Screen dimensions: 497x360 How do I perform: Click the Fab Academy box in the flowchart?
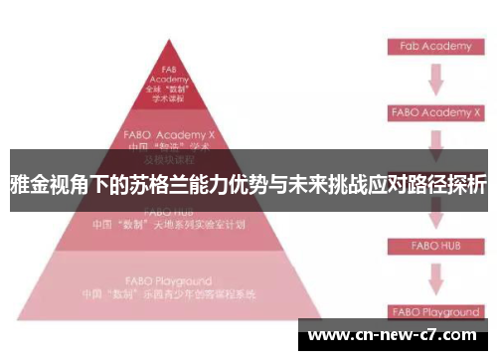(434, 46)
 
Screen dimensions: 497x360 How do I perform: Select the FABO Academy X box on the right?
(434, 112)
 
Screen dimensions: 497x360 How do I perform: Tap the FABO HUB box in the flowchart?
(434, 244)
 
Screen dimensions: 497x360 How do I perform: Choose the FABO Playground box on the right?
(434, 311)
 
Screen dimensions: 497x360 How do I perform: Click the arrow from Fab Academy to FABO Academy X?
(434, 79)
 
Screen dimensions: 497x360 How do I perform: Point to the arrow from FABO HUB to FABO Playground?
(434, 277)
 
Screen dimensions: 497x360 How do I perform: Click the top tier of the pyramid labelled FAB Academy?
(169, 84)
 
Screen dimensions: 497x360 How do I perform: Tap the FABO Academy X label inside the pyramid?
(169, 131)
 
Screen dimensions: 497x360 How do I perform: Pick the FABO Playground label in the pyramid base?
(169, 281)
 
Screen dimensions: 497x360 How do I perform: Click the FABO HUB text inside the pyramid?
(169, 211)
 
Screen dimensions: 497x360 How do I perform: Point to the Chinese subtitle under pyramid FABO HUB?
(169, 225)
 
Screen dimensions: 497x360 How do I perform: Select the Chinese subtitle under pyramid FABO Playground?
(169, 294)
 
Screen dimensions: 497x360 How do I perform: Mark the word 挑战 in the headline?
(329, 184)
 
